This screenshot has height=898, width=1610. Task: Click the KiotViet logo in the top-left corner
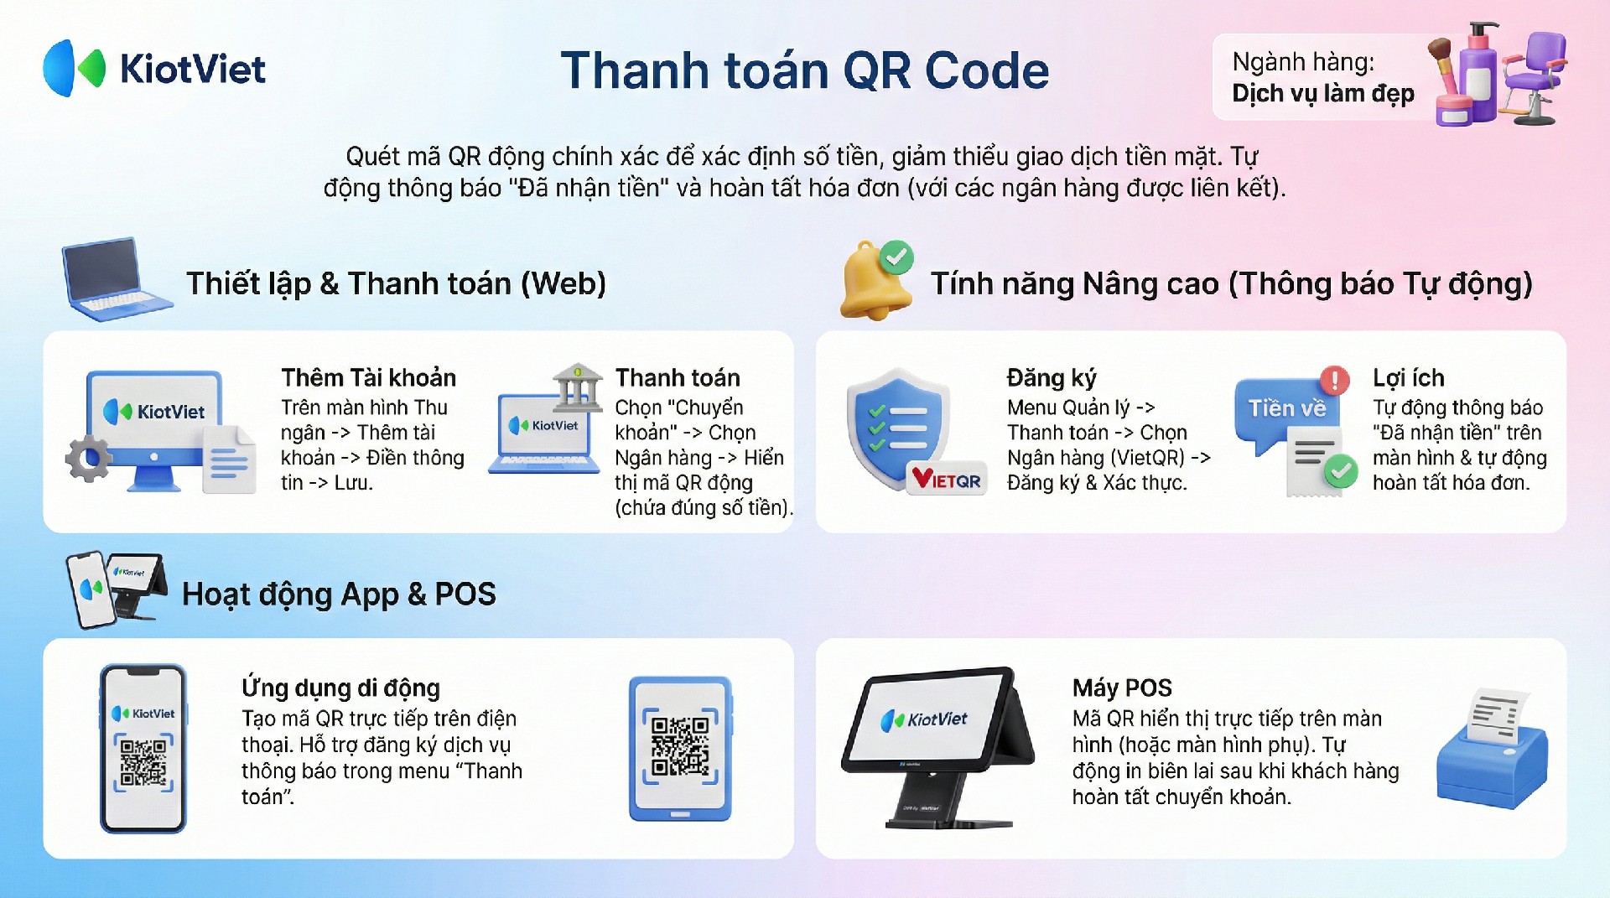(x=154, y=68)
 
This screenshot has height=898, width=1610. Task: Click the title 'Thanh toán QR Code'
(x=805, y=70)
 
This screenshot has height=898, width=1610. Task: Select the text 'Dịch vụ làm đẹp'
(x=1322, y=93)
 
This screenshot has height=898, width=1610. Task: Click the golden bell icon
(x=875, y=283)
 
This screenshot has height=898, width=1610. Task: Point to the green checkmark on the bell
(x=896, y=257)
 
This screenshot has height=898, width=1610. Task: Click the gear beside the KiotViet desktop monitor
(x=88, y=459)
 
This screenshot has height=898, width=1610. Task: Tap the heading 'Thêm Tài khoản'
(x=368, y=377)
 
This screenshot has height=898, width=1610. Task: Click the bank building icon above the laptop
(x=577, y=387)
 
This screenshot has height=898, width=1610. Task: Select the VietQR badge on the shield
(x=947, y=480)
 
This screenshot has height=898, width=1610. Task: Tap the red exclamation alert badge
(x=1335, y=381)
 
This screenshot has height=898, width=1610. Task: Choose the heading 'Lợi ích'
(x=1408, y=378)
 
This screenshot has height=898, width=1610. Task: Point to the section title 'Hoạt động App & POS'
(x=339, y=594)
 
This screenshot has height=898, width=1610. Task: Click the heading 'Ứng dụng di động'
(x=340, y=688)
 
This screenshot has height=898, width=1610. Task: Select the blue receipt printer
(x=1492, y=749)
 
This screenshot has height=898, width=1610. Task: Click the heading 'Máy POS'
(x=1122, y=688)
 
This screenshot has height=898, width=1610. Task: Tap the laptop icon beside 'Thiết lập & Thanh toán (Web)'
(x=117, y=279)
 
